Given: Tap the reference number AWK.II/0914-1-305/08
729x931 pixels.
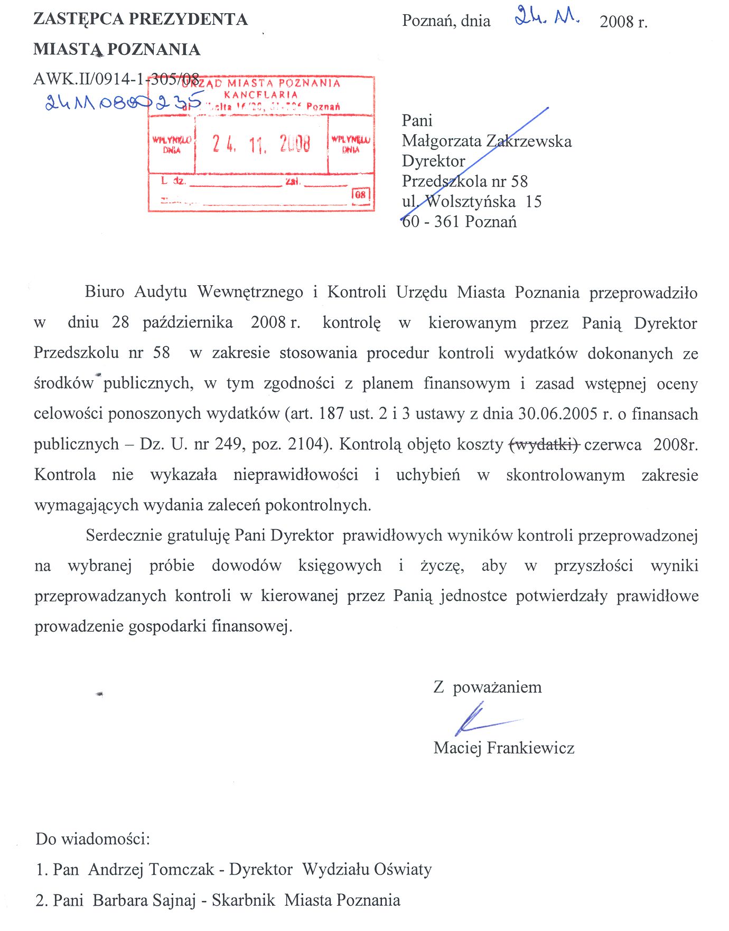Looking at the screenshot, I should (116, 79).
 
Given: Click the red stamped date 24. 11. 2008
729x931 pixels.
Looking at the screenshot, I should (261, 144).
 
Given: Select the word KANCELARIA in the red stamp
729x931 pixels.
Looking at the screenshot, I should (261, 95).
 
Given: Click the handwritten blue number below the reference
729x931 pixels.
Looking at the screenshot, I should (124, 101).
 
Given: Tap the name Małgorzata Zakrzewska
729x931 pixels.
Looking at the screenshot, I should (487, 141).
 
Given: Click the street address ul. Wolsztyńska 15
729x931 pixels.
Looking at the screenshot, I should (471, 201).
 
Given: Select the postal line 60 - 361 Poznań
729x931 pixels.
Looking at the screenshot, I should (459, 221).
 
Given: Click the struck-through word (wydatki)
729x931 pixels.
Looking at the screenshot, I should (544, 445).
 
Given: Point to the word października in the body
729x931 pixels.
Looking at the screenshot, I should (188, 323).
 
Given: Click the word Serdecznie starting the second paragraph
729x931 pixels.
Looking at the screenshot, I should (124, 535).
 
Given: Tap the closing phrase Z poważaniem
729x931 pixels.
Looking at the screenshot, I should (487, 687).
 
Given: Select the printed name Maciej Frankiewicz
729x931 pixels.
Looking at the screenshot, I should (503, 748).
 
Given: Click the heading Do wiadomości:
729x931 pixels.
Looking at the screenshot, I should (92, 839).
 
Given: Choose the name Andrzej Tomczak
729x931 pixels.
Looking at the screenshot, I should (151, 869).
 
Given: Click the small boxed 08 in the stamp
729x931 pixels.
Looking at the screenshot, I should (361, 194).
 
